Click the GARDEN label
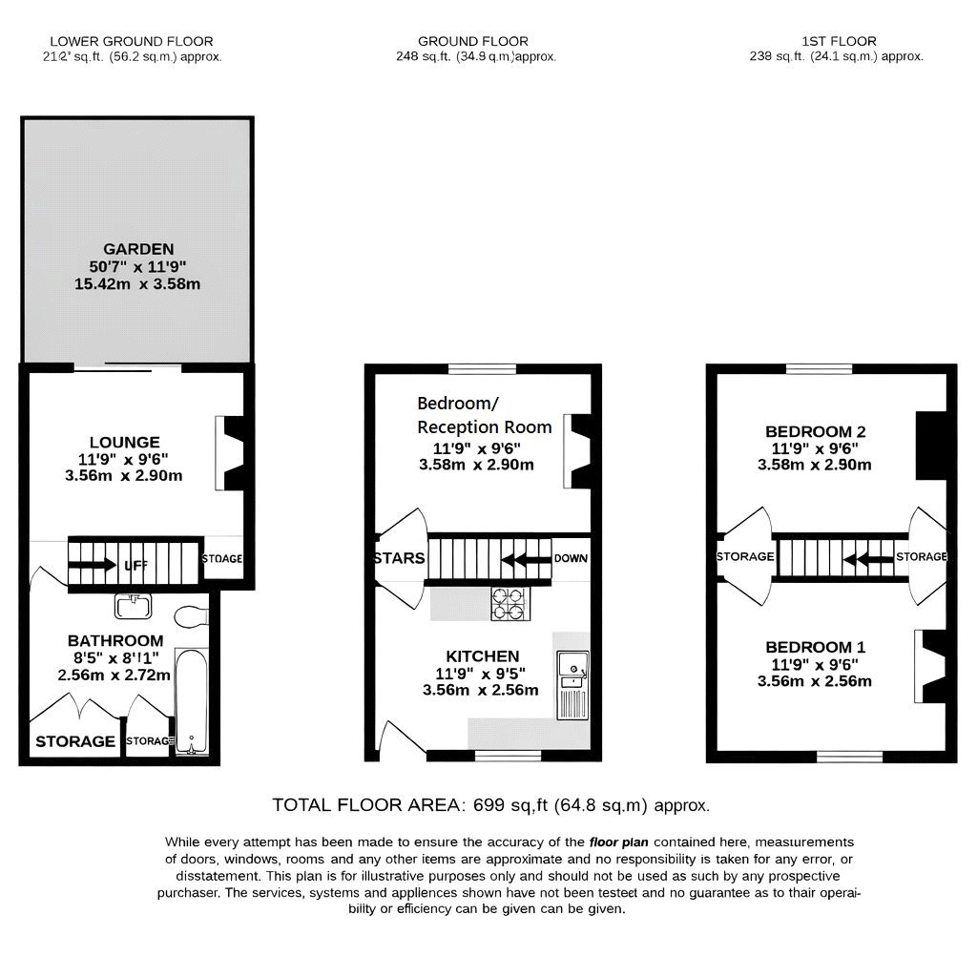click(x=138, y=249)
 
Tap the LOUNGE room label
click(x=124, y=442)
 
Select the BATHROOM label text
click(x=114, y=640)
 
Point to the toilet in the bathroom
click(x=192, y=615)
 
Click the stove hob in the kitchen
click(x=509, y=603)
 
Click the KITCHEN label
click(x=483, y=656)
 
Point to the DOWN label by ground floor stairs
click(x=571, y=558)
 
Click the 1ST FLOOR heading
click(x=840, y=41)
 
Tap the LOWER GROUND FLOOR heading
click(x=131, y=41)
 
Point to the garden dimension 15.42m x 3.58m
click(x=137, y=283)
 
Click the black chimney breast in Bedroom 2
click(x=930, y=446)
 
